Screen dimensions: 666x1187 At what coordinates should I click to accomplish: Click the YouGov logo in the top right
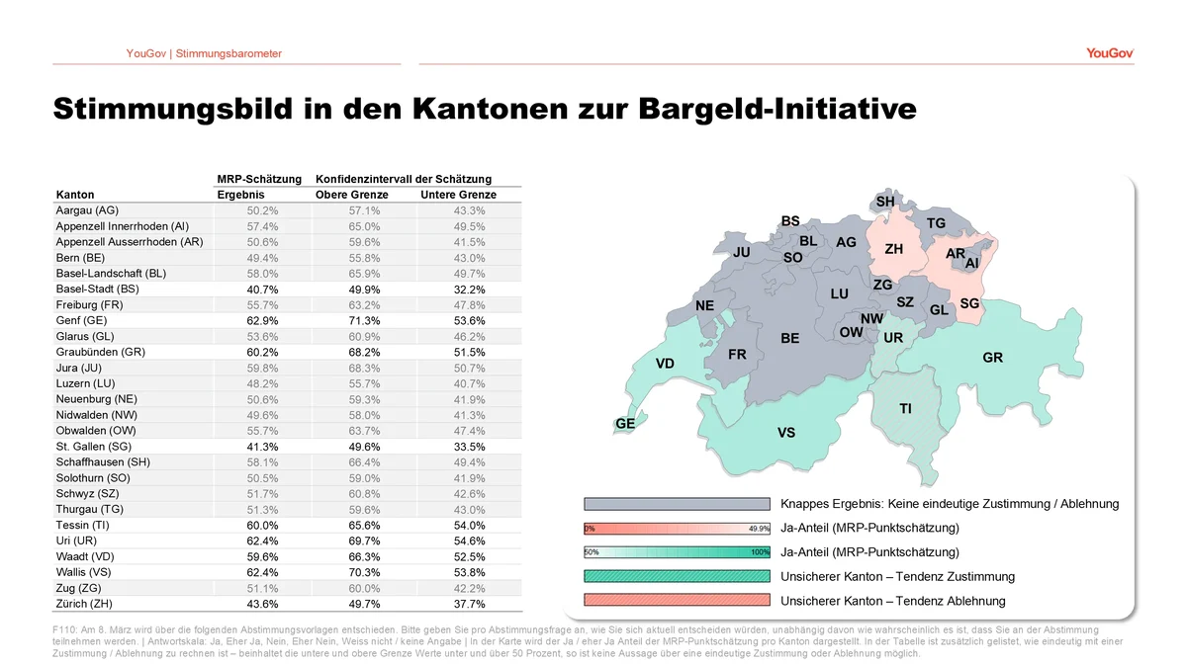(1109, 53)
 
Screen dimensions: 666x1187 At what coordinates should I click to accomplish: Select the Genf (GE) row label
(82, 320)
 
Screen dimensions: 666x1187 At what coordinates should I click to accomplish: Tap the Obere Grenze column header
(352, 195)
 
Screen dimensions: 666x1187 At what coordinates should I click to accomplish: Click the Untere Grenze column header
(458, 195)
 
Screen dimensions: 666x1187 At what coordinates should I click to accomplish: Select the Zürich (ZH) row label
(85, 604)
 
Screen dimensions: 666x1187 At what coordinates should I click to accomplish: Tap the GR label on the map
(992, 358)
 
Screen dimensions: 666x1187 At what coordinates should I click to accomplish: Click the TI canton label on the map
(905, 408)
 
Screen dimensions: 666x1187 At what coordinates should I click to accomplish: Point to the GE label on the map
(625, 424)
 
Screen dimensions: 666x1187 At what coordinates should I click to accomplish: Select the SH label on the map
(885, 203)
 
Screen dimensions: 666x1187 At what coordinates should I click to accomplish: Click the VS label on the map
(786, 433)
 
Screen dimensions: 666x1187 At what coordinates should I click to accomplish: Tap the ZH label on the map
(893, 249)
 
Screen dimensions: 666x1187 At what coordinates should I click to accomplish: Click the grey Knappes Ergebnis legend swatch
(677, 504)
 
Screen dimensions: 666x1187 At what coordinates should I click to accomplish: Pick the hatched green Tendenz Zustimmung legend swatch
(677, 576)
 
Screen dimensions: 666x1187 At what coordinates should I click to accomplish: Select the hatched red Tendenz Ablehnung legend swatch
(677, 601)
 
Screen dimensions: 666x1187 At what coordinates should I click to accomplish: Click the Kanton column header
(76, 195)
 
